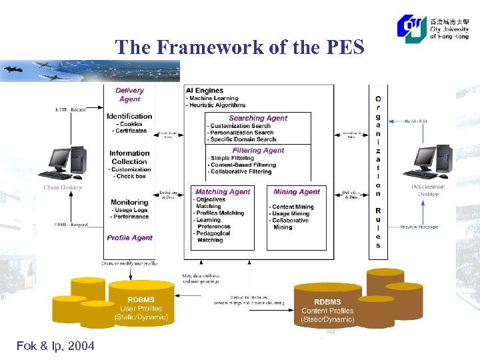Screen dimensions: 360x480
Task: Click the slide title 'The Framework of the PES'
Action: (239, 47)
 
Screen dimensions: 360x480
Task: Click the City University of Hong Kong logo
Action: (433, 28)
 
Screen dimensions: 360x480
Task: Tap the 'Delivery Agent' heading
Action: (129, 95)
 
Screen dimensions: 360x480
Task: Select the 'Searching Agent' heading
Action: (258, 118)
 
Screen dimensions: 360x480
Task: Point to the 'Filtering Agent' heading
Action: (258, 151)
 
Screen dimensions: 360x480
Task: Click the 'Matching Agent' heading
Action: (222, 192)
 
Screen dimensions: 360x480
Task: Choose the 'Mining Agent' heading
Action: (297, 192)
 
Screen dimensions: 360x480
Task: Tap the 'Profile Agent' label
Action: (129, 238)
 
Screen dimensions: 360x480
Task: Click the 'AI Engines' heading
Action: (205, 91)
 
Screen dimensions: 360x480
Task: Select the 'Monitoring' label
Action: (129, 202)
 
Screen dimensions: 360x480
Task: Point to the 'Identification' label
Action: (129, 116)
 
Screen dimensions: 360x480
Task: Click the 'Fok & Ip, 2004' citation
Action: (55, 346)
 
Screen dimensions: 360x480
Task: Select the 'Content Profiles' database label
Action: (327, 311)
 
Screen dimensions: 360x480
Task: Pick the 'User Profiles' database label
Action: (141, 308)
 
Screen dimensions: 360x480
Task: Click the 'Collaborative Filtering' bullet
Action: (241, 172)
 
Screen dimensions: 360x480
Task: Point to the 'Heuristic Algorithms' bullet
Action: (217, 105)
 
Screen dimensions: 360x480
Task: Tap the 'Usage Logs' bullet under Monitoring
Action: (130, 210)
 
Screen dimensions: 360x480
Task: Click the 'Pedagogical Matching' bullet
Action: (213, 237)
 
